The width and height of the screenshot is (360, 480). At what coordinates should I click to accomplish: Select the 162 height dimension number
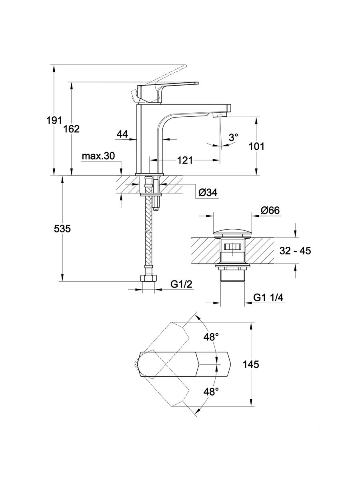pos(72,129)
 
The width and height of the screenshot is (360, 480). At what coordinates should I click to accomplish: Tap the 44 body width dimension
pos(122,135)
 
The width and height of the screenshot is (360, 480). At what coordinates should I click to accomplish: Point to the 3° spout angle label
pos(234,137)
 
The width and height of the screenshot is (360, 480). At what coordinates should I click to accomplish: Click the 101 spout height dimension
pos(256,146)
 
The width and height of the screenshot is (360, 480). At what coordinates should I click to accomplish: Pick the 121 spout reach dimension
pos(184,160)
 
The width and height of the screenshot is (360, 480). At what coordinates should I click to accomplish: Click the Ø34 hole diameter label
pos(207,193)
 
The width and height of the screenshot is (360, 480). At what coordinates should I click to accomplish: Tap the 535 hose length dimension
pos(62,229)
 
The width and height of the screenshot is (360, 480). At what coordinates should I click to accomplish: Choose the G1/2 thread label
pos(182,284)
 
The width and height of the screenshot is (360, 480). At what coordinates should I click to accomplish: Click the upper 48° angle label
pos(211,338)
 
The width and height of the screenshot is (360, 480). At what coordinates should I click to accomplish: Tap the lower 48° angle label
pos(211,392)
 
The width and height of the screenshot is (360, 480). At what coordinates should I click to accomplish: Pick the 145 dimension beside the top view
pos(250,364)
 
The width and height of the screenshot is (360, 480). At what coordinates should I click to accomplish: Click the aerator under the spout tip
pos(218,115)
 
